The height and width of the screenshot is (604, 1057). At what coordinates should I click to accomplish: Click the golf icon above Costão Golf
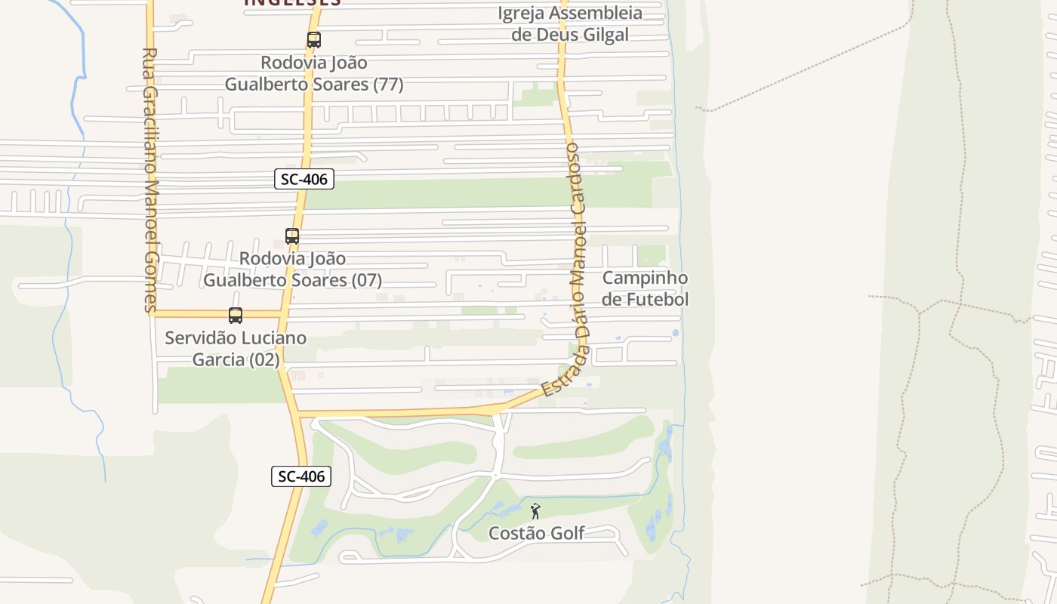click(535, 511)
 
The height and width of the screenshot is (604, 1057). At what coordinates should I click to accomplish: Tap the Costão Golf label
click(536, 533)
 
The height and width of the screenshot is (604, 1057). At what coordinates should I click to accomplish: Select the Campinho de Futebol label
click(645, 288)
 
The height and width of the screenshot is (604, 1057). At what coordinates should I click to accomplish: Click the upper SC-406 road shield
click(304, 179)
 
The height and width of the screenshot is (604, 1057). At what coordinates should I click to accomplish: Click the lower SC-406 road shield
click(301, 476)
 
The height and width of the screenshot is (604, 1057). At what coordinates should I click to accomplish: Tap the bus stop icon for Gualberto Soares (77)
click(314, 40)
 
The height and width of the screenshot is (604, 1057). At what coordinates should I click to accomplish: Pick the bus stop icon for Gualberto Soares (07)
click(292, 236)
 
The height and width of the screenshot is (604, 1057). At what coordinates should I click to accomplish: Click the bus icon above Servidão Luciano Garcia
click(236, 316)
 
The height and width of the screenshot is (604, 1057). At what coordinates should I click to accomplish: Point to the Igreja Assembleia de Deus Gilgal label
click(570, 23)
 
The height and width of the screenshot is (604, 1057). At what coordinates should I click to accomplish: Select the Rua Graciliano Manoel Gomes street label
click(149, 180)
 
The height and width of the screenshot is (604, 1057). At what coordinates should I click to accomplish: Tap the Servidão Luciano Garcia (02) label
click(236, 348)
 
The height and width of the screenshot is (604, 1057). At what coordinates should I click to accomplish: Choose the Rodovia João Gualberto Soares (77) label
click(314, 73)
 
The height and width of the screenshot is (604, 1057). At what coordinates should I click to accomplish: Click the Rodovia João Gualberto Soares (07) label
click(292, 269)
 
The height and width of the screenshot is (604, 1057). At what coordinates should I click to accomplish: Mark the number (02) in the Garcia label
click(263, 359)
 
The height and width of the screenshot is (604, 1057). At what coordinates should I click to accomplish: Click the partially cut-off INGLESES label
click(292, 3)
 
